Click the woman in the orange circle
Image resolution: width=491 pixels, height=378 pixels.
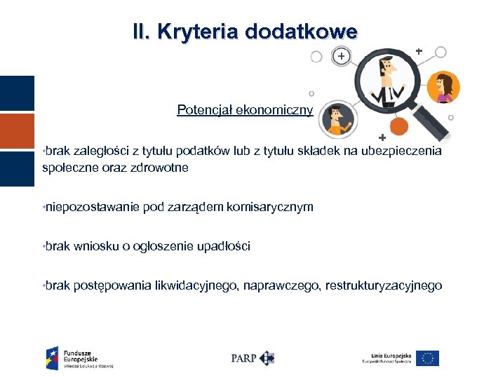[x=444, y=87]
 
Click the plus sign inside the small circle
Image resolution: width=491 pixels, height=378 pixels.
[x=340, y=56]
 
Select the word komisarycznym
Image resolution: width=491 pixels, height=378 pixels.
[x=270, y=207]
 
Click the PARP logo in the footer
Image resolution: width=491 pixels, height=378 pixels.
[x=252, y=358]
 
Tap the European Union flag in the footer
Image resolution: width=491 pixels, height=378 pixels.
[x=426, y=358]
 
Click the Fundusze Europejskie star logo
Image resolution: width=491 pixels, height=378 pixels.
[x=53, y=357]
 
